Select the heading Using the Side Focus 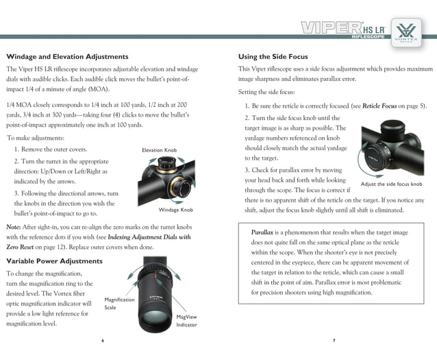(x=273, y=56)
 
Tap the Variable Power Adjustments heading (x=54, y=261)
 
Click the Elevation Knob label (x=160, y=149)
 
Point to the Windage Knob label (x=175, y=210)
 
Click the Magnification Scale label (x=119, y=304)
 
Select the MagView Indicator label (x=186, y=321)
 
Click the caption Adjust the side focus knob (x=391, y=184)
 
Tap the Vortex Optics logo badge (x=408, y=32)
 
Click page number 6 (x=103, y=340)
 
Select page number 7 (x=334, y=340)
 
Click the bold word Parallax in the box (x=262, y=232)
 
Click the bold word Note (x=13, y=226)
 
